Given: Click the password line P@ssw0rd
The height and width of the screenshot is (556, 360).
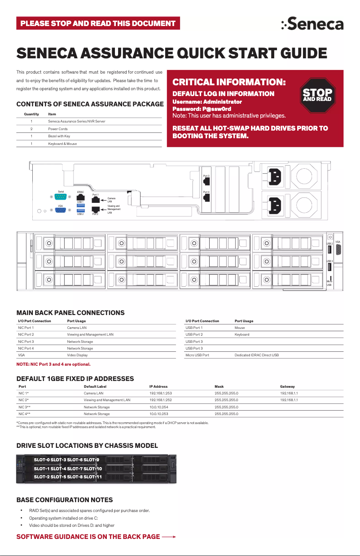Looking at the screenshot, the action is point(202,109).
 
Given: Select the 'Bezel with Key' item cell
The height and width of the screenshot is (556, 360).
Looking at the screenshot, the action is point(59,136).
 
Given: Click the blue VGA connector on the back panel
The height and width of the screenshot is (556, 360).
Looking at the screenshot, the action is point(61,211).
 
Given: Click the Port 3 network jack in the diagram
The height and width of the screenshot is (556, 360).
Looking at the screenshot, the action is point(206,182).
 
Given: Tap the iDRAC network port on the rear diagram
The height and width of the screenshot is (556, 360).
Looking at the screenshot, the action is point(80,197).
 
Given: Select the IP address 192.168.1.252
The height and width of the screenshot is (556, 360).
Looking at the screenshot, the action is point(161,400).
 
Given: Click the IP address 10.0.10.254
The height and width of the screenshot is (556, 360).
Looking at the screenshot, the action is point(159,407).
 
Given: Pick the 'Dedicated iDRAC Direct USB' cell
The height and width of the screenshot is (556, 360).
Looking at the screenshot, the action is point(256,355).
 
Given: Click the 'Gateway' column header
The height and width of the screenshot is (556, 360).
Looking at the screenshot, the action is point(287,386).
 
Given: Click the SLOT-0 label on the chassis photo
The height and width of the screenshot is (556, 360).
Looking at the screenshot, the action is point(42,460).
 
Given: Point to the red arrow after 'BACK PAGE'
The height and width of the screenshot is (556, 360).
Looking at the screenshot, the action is point(169,537).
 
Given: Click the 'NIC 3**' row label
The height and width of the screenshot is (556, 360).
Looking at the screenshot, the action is point(24,407).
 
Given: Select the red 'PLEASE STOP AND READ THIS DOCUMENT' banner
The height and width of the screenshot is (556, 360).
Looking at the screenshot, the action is point(98,23).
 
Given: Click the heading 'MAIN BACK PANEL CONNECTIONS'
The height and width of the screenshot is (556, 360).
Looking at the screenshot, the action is point(70,312).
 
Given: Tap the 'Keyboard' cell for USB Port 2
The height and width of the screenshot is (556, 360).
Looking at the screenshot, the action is point(242,334).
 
